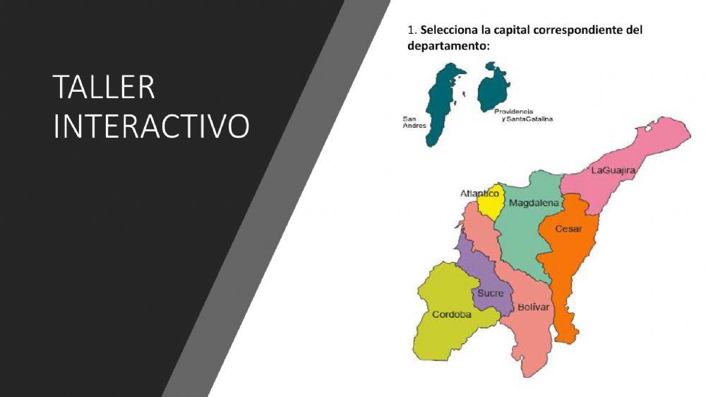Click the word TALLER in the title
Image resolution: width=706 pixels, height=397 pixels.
(104, 88)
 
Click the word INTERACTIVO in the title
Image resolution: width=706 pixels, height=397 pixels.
(151, 125)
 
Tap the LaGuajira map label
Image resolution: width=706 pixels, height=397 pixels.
(614, 170)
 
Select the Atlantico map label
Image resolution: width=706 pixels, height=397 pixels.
(479, 193)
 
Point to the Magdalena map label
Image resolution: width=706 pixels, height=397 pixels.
(534, 203)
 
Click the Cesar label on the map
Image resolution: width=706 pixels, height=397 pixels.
(568, 229)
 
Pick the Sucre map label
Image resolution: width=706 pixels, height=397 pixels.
(490, 293)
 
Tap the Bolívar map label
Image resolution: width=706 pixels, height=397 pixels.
(533, 307)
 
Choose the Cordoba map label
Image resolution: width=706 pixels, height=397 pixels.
(451, 314)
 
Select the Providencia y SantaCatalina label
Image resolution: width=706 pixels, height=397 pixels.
(523, 115)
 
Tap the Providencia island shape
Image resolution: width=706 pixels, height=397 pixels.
(491, 88)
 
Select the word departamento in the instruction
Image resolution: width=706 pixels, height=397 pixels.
(446, 46)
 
